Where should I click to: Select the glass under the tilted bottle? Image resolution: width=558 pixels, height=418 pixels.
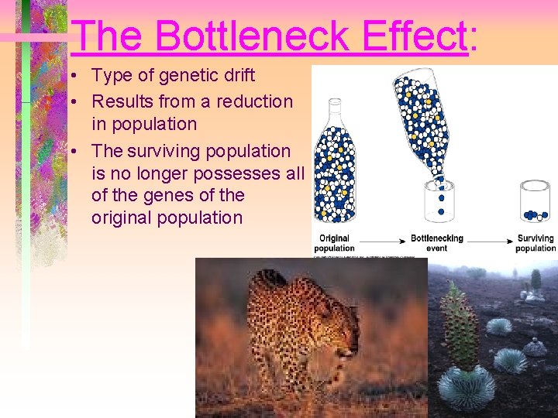440,201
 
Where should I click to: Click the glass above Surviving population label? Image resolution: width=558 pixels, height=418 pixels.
535,200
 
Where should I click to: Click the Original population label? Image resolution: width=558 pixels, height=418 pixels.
334,243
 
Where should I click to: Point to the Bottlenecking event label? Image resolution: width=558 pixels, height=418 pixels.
436,243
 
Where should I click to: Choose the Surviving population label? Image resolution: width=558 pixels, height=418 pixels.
536,243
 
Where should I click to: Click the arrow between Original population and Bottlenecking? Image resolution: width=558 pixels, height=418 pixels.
381,240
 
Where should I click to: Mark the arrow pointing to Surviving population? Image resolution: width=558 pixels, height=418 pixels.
488,240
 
